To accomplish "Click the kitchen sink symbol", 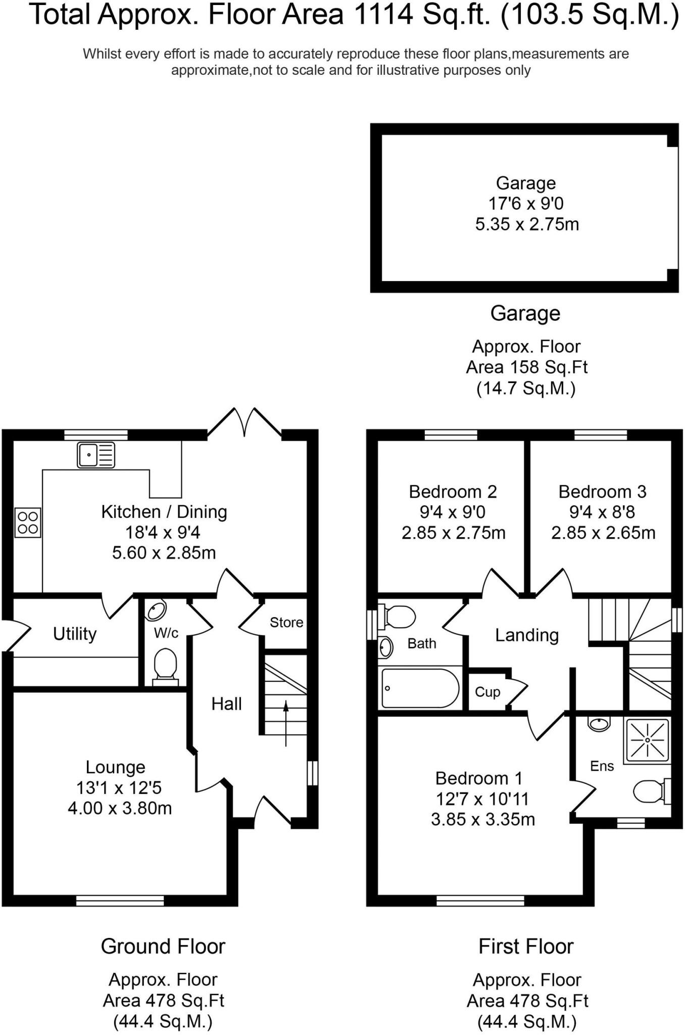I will point(95,454).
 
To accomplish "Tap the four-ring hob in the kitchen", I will point(28,523).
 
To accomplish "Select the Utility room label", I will point(75,633).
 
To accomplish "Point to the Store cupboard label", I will point(286,622).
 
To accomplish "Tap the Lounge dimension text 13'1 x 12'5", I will point(119,787).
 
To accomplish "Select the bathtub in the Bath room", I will point(420,688).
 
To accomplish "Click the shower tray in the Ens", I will point(648,740).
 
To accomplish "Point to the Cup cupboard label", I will point(487,692).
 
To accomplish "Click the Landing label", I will point(526,635).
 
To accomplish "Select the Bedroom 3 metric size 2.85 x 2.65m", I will point(603,533).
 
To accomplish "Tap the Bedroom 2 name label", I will point(453,491).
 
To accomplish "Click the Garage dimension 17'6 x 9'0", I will point(525,204).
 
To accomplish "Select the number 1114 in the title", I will point(381,15).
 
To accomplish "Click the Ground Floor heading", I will point(163,946).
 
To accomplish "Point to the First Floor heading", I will point(526,946).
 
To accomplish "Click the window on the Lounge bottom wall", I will point(120,900).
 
